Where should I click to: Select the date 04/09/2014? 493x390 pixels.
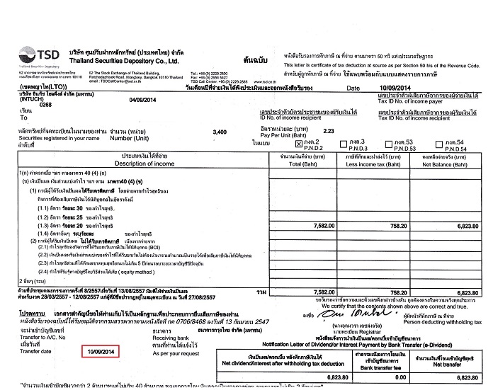click(142, 100)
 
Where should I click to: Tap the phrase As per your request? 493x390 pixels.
click(172, 352)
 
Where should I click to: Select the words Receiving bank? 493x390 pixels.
click(171, 337)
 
